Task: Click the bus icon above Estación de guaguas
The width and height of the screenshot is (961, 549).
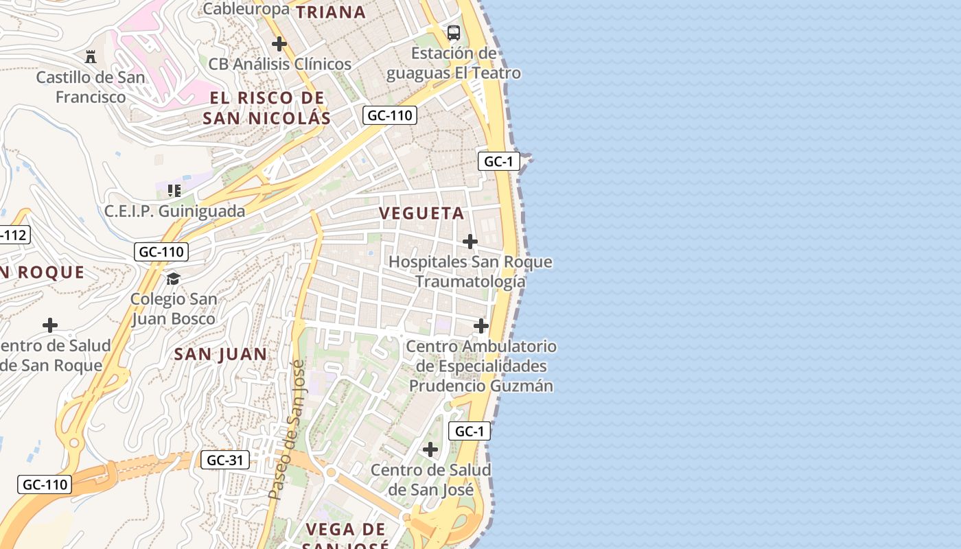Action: pyautogui.click(x=454, y=32)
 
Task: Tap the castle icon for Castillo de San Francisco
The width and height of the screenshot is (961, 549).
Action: pyautogui.click(x=91, y=56)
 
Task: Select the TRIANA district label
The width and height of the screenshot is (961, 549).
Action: pyautogui.click(x=331, y=12)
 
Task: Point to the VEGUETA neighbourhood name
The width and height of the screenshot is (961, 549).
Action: pyautogui.click(x=422, y=213)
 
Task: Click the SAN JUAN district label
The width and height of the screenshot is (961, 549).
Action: pyautogui.click(x=220, y=354)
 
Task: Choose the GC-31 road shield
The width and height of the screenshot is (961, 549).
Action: pyautogui.click(x=224, y=460)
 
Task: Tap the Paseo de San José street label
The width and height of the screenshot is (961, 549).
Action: pyautogui.click(x=287, y=430)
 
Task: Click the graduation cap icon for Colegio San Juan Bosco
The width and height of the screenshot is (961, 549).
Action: pyautogui.click(x=173, y=279)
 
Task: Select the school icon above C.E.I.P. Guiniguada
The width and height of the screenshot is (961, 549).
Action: pyautogui.click(x=174, y=190)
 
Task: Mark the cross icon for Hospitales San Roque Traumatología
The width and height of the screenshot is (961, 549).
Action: pyautogui.click(x=470, y=242)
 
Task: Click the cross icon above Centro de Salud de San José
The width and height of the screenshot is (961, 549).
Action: pyautogui.click(x=430, y=450)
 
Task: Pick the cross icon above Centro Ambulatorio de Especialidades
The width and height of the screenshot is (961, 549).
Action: pyautogui.click(x=481, y=326)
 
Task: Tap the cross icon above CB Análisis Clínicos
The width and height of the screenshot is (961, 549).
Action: pyautogui.click(x=279, y=45)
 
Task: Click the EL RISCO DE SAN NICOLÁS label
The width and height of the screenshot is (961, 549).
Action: pyautogui.click(x=267, y=108)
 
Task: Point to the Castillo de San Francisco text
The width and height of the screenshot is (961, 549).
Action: pyautogui.click(x=91, y=87)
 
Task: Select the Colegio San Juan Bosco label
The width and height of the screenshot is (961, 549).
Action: pyautogui.click(x=173, y=309)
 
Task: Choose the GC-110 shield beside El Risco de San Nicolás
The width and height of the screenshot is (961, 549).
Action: pyautogui.click(x=389, y=115)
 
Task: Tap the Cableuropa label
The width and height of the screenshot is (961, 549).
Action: pyautogui.click(x=246, y=9)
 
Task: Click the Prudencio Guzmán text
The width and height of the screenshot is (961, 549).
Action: pyautogui.click(x=481, y=386)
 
